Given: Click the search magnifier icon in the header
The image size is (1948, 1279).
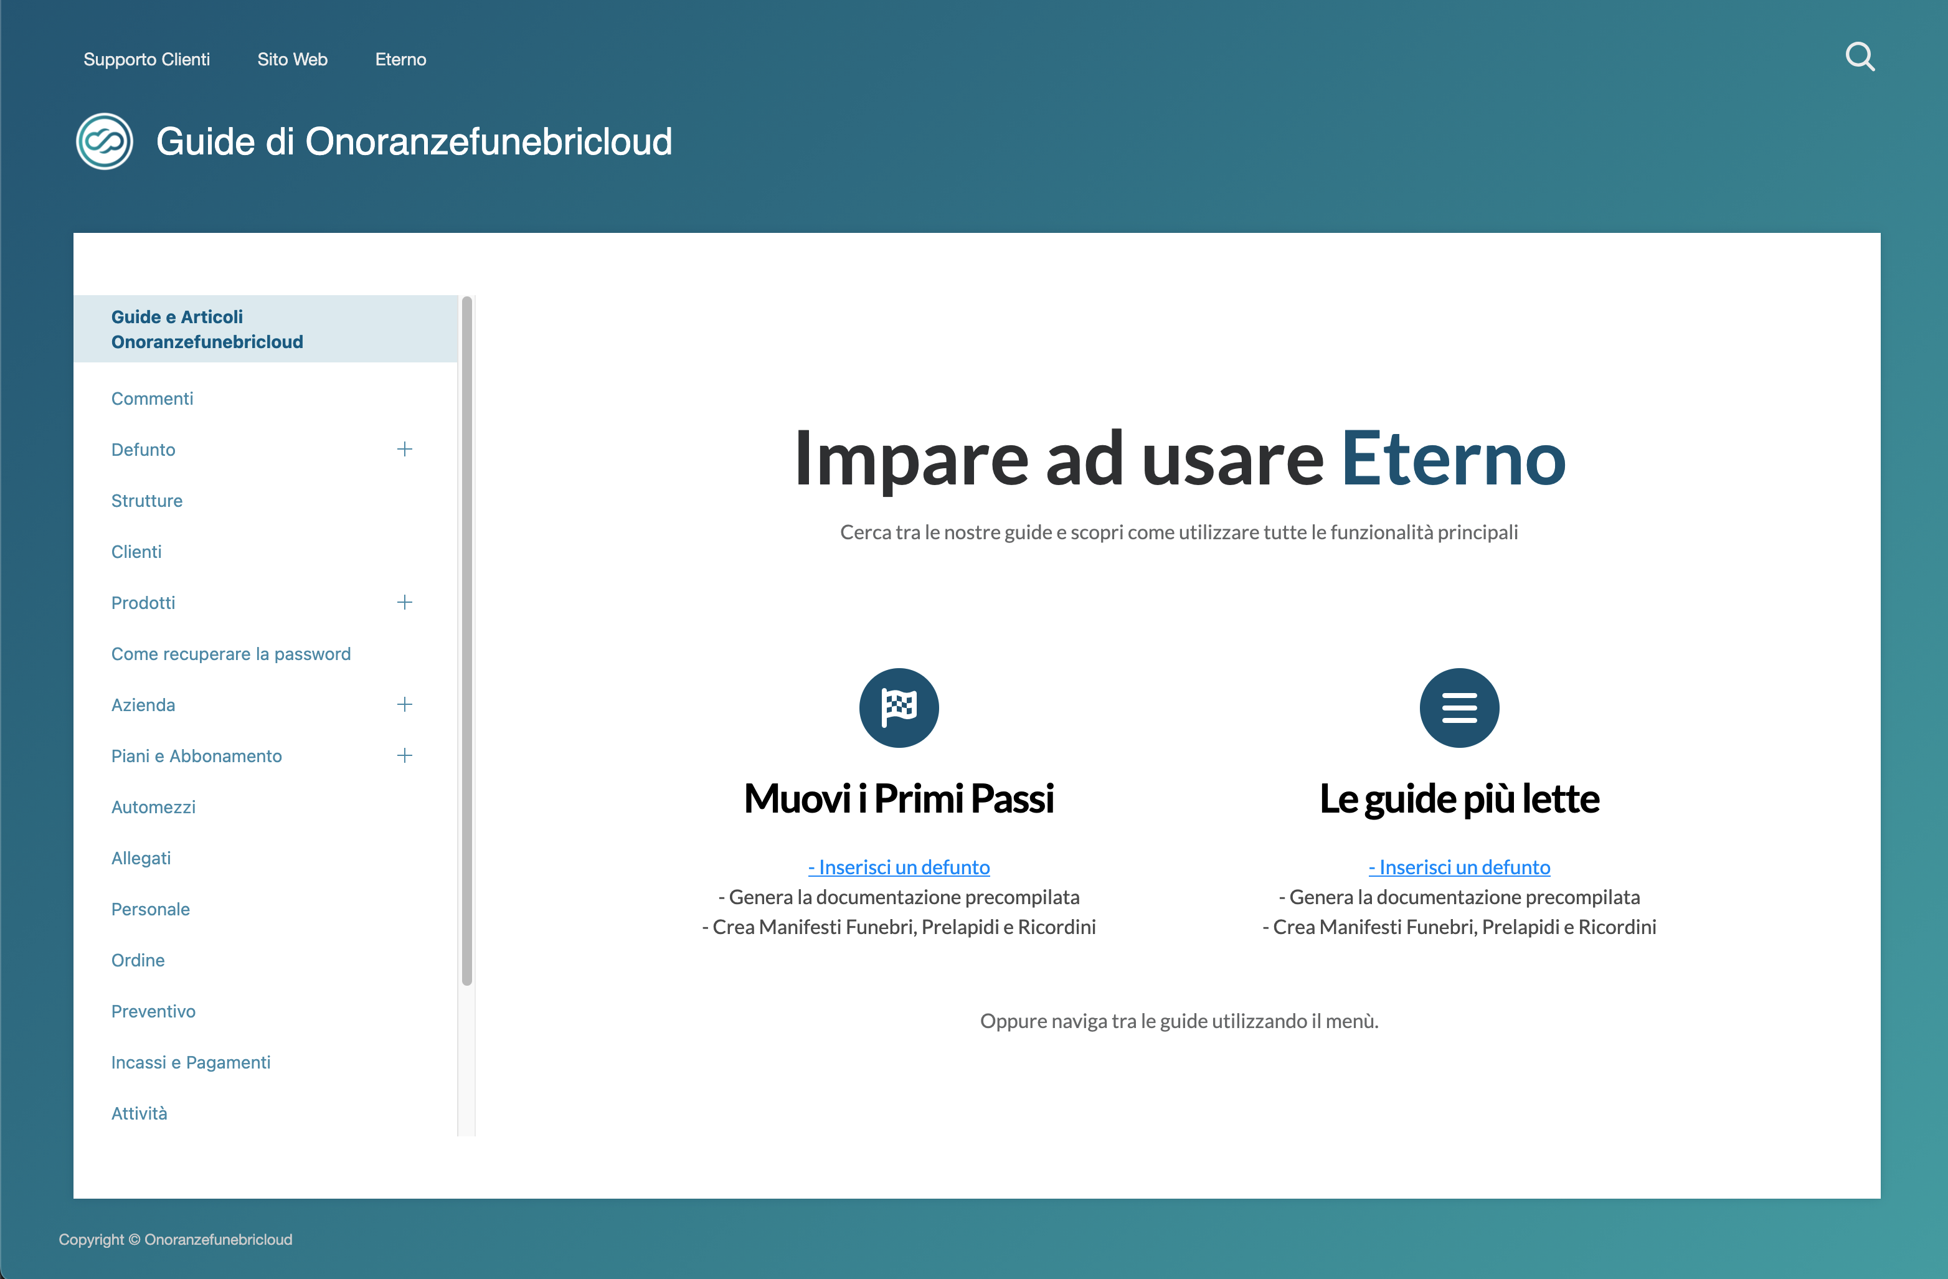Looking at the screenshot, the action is (1860, 57).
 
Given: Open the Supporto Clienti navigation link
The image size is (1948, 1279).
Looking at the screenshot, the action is (146, 59).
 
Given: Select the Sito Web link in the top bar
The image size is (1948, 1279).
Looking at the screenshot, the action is (292, 59).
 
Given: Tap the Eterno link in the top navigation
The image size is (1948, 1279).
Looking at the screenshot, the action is (400, 59).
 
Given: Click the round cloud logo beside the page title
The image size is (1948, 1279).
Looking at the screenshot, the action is (105, 141).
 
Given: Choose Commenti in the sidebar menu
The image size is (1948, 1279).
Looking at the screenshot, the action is (152, 399).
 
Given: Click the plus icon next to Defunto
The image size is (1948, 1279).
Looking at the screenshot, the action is (404, 449).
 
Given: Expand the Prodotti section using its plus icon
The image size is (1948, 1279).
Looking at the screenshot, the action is (404, 602).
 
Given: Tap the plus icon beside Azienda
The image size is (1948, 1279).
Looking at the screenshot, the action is (404, 704).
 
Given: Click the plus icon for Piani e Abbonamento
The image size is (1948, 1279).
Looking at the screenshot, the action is (404, 755).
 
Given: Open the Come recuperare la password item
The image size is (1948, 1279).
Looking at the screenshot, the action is (231, 654).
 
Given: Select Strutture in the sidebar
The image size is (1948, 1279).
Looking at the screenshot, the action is (146, 501).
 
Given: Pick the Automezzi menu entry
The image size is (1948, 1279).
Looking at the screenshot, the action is (153, 807).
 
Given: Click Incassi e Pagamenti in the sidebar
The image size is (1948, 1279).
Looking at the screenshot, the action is (191, 1062).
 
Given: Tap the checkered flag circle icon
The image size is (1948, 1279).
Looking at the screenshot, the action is (899, 708).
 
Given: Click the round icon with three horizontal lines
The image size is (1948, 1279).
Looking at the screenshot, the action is (1459, 708).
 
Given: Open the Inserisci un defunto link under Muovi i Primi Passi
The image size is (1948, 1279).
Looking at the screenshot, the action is (899, 867).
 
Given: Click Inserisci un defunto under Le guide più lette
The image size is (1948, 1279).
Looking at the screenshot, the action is (1459, 867).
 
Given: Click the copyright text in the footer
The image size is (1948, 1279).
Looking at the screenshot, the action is (175, 1239).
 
